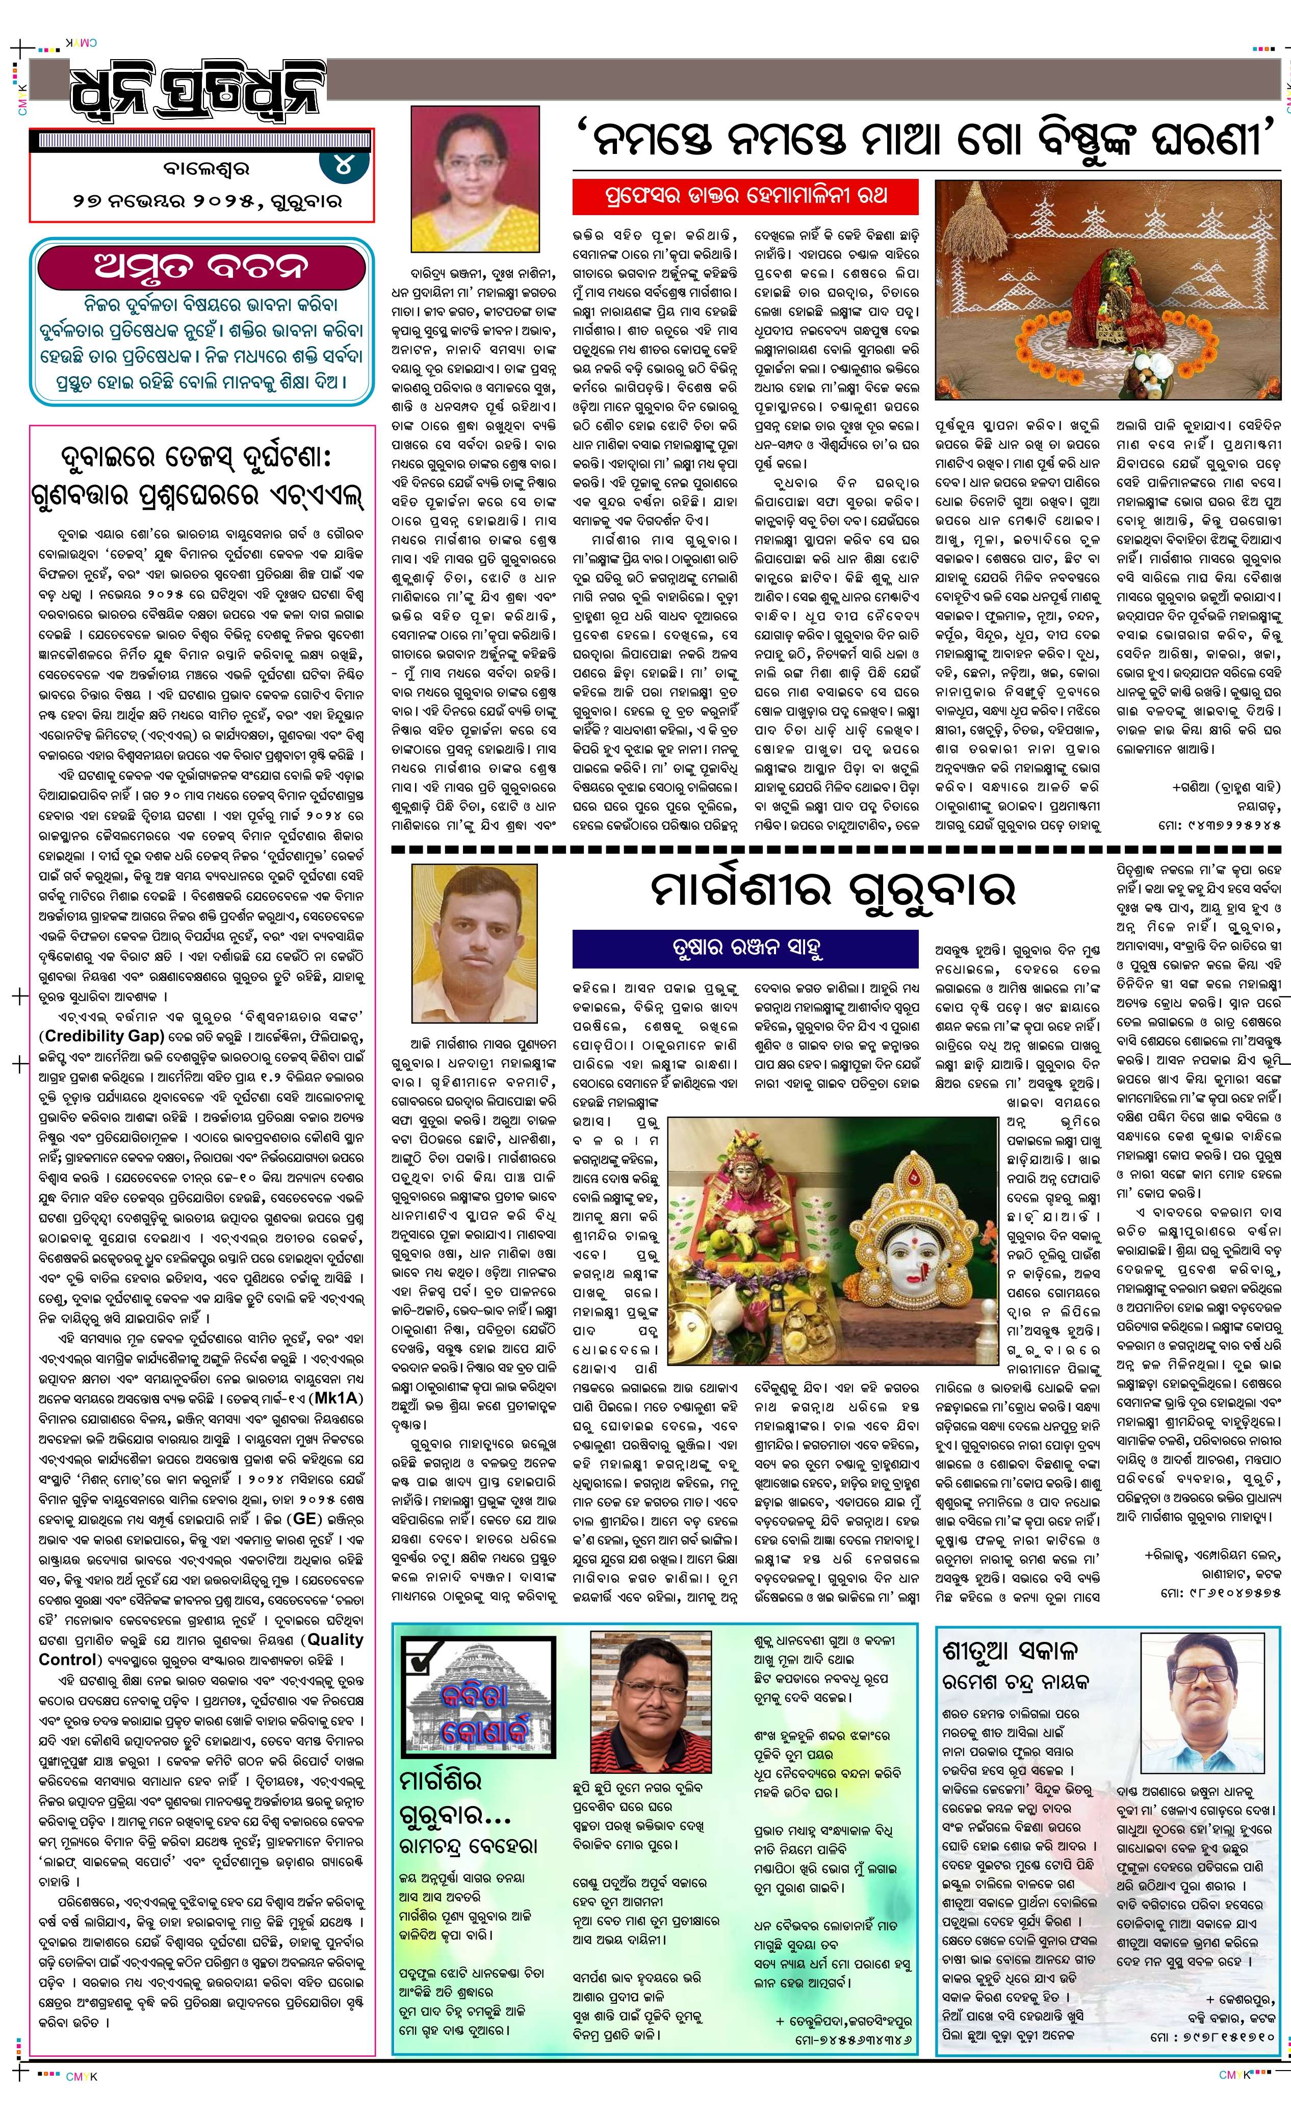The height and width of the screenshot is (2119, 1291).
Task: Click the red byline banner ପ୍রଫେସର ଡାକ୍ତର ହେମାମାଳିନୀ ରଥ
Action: (745, 197)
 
